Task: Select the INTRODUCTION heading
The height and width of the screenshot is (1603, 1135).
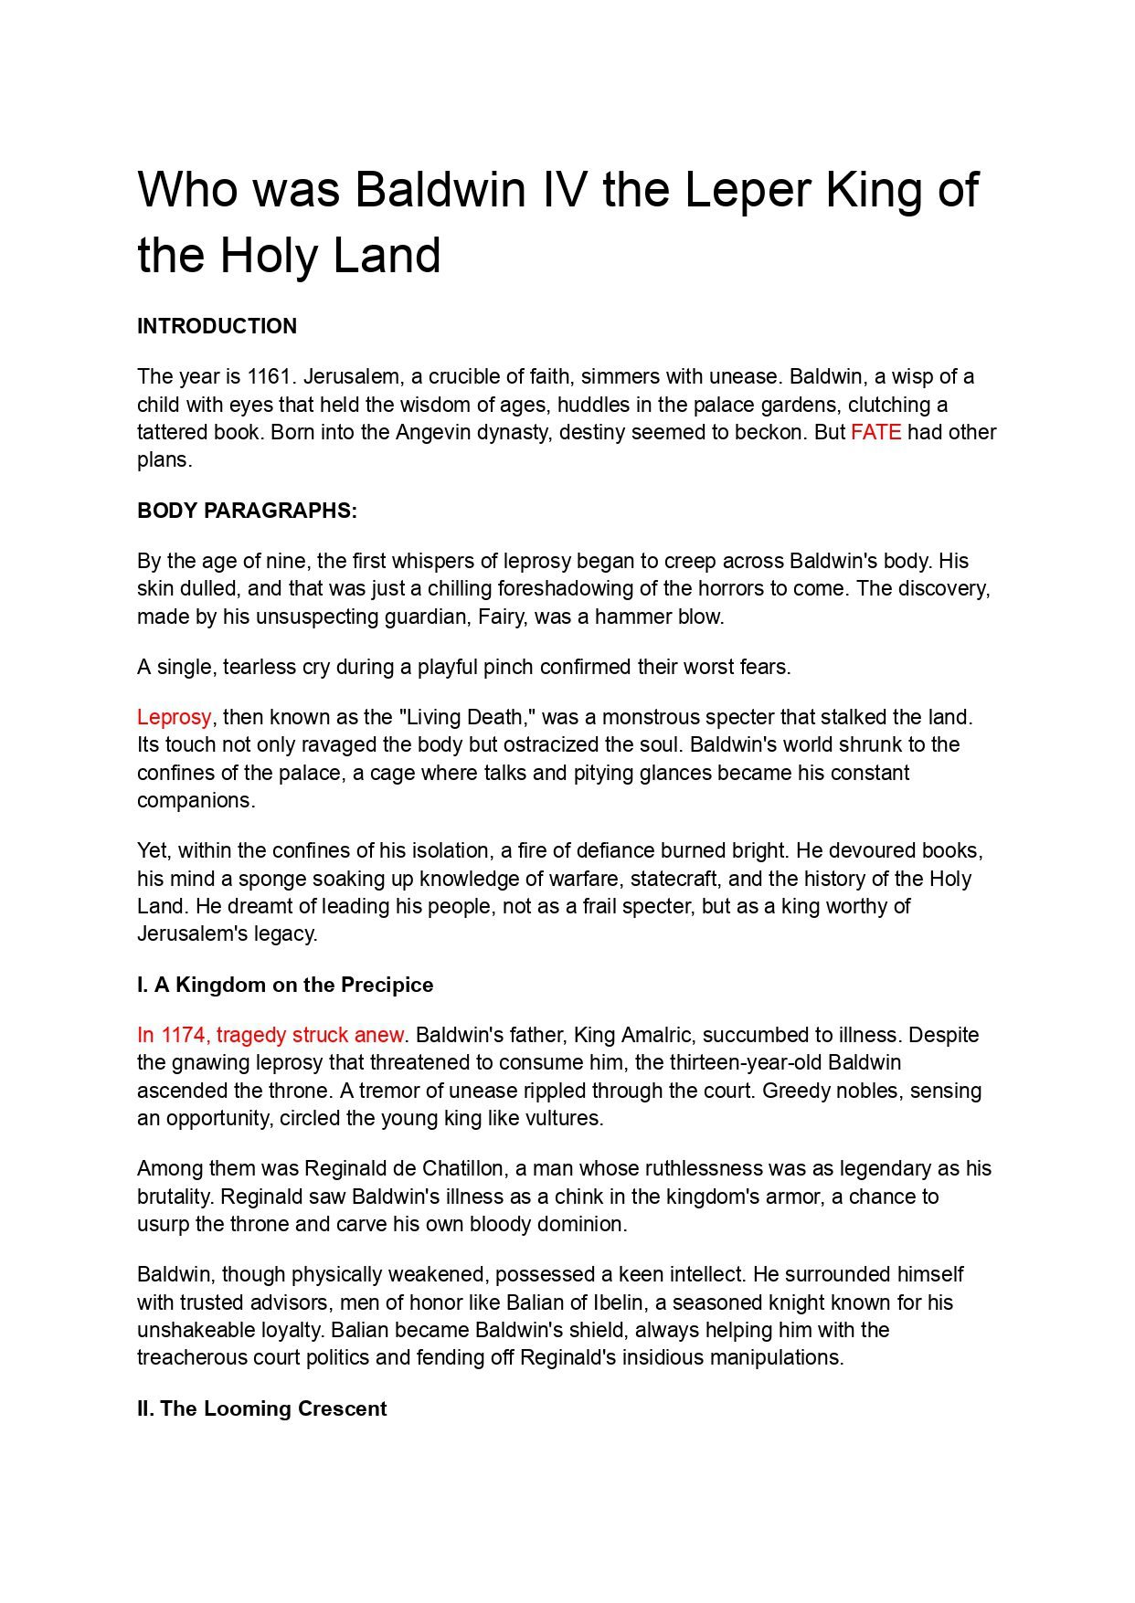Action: click(x=217, y=326)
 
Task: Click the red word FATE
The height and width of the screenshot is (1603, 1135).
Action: click(x=875, y=432)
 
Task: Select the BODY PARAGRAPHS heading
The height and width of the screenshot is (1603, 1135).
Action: click(x=247, y=511)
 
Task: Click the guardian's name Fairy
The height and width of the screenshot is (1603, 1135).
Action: click(x=501, y=617)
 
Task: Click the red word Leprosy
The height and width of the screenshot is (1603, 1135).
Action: click(x=174, y=717)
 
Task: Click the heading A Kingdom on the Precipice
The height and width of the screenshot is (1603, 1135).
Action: click(x=292, y=985)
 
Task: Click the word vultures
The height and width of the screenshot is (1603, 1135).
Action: click(x=565, y=1118)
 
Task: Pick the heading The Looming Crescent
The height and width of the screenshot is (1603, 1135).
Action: click(x=272, y=1408)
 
